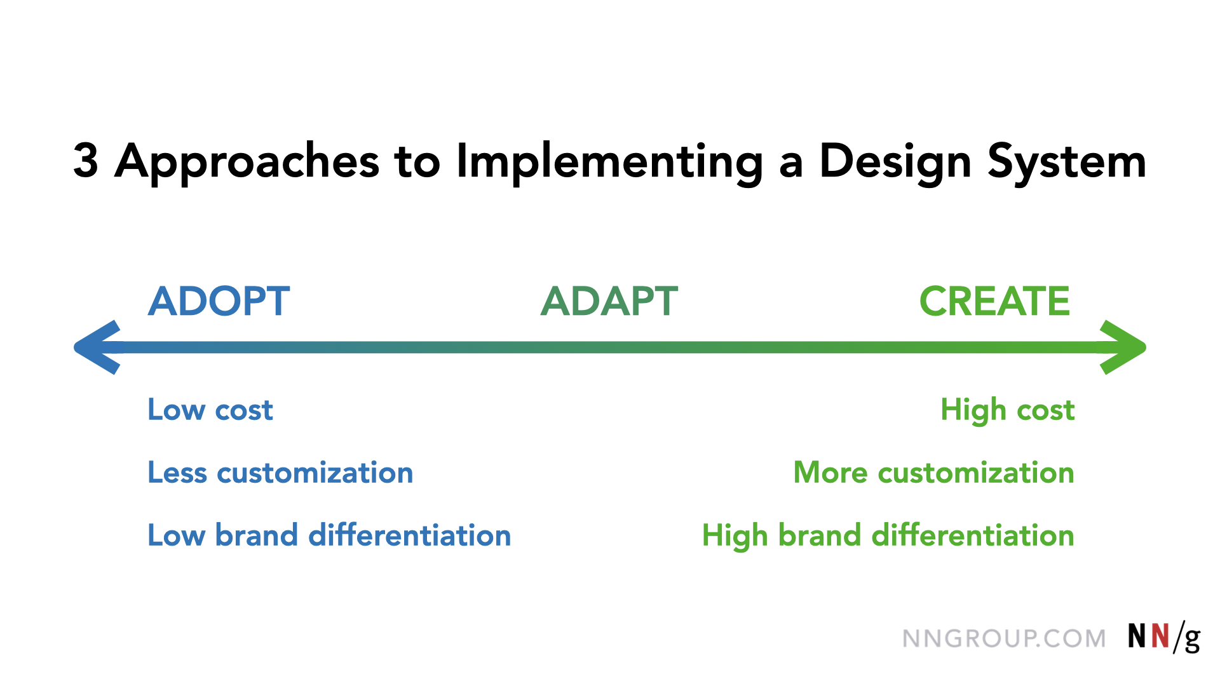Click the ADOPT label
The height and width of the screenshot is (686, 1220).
[219, 301]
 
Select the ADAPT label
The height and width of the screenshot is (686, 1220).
[609, 301]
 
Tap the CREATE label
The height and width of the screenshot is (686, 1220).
[994, 301]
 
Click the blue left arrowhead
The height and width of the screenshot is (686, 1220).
[97, 347]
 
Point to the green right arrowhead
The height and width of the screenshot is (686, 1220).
[1123, 347]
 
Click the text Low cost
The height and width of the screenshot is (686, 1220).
[210, 410]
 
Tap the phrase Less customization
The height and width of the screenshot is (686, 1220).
[280, 473]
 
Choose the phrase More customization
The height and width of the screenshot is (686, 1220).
[934, 473]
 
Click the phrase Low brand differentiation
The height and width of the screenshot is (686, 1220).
[329, 535]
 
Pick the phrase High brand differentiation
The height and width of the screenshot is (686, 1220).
[888, 536]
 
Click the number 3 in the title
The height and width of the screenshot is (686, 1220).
[86, 160]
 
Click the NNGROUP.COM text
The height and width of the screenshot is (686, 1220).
[1004, 638]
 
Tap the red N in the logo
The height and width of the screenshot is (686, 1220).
[1160, 636]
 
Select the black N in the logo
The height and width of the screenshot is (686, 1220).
[1137, 636]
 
